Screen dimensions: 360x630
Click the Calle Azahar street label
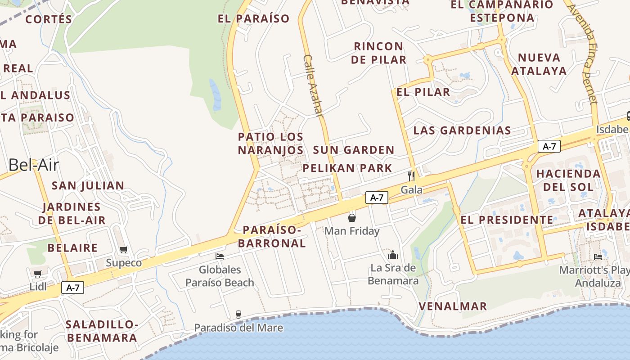(x=314, y=86)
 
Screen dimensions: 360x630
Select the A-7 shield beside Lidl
(x=72, y=288)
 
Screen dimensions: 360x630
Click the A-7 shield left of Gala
(x=377, y=197)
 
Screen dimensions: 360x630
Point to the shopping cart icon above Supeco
(x=124, y=249)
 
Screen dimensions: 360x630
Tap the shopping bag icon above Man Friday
(x=352, y=218)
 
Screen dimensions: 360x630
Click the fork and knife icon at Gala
(x=410, y=176)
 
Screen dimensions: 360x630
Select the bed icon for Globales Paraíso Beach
(x=220, y=256)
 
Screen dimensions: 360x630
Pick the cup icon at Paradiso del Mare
(x=238, y=314)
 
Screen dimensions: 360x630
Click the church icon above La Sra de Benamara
(x=393, y=255)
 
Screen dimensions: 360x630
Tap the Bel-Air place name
(x=34, y=165)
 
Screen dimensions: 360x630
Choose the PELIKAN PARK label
(x=347, y=168)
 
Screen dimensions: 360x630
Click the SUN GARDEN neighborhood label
(x=354, y=150)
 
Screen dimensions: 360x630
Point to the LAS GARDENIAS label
(x=462, y=130)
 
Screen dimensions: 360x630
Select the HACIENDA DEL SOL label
(x=568, y=180)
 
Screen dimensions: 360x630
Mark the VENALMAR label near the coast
(x=453, y=306)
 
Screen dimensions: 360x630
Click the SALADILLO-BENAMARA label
(x=101, y=331)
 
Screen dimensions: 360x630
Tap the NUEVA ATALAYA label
(x=539, y=64)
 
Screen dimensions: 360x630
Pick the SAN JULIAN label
(x=88, y=185)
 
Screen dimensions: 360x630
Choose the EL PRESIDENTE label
(x=507, y=220)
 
